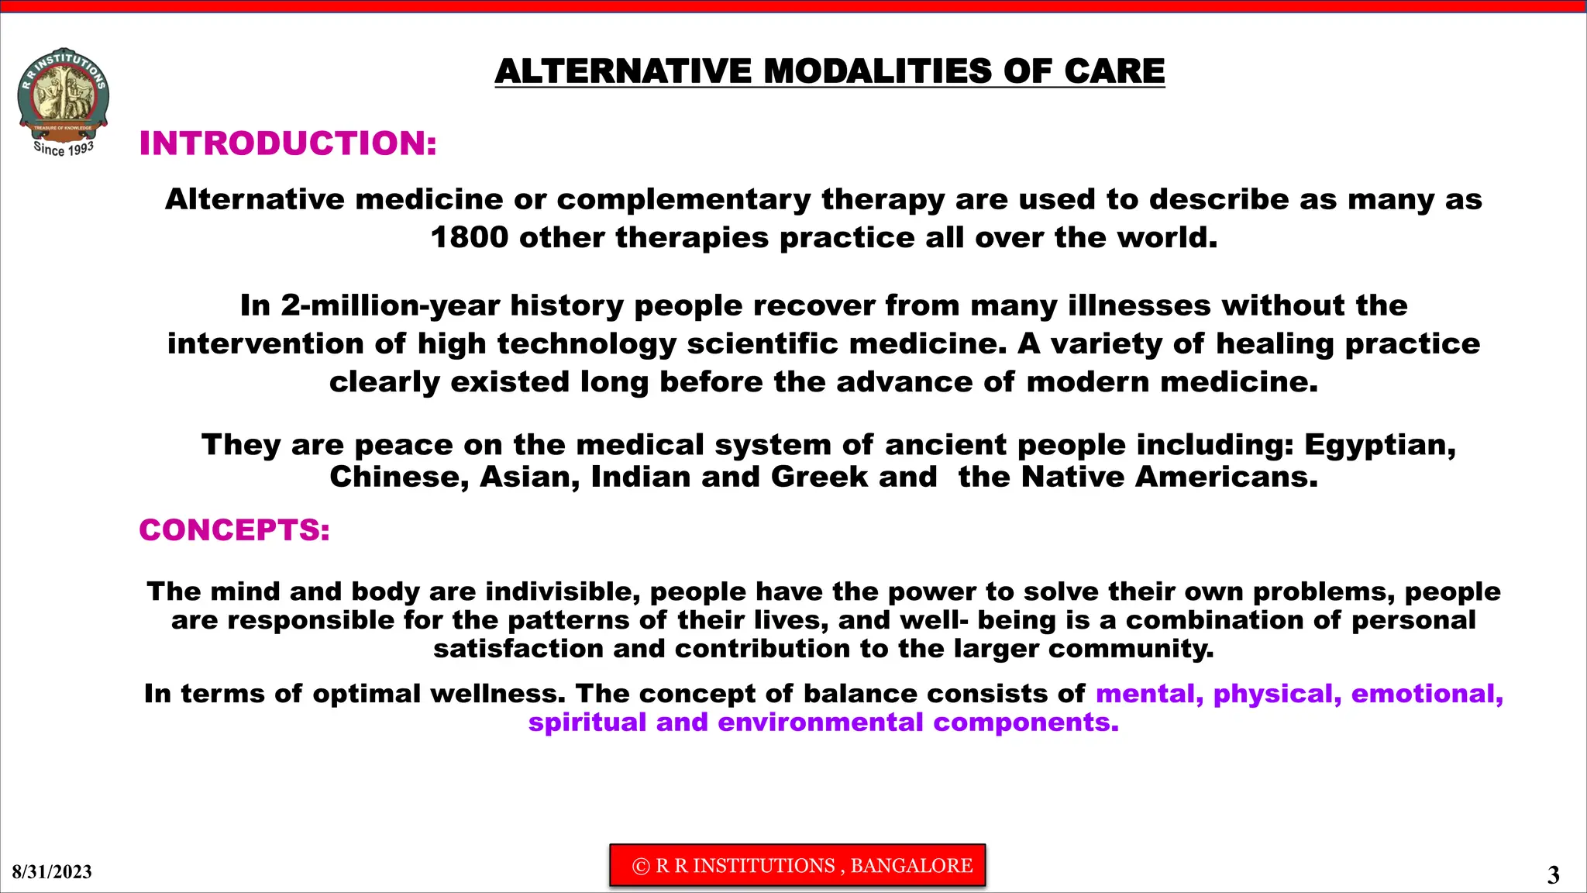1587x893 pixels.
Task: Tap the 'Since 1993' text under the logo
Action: [x=64, y=148]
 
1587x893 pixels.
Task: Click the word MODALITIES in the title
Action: [x=877, y=71]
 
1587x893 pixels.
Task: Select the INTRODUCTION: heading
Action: [x=288, y=143]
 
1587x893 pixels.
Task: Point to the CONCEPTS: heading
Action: [x=234, y=530]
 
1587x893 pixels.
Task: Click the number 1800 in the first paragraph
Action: [x=469, y=237]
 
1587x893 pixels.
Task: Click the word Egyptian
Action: [x=1379, y=445]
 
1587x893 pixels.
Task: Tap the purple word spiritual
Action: [x=587, y=722]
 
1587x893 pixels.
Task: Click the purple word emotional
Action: [x=1427, y=694]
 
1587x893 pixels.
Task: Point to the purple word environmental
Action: [x=820, y=722]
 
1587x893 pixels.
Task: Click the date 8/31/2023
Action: [x=52, y=872]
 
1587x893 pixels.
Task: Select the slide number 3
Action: [x=1553, y=875]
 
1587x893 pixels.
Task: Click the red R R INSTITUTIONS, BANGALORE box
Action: [x=797, y=865]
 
